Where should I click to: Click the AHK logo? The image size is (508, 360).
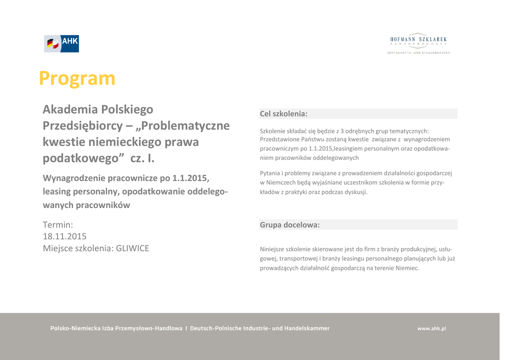tap(62, 44)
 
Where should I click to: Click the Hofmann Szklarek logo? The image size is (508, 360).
tap(418, 43)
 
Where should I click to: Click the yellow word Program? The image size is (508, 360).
tap(77, 78)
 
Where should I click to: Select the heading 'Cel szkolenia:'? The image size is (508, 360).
tap(284, 114)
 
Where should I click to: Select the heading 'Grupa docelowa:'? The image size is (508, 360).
tap(290, 225)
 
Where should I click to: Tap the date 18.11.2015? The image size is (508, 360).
tap(64, 236)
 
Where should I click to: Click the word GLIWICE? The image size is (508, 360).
tap(132, 248)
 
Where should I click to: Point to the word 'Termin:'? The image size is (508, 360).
tap(58, 225)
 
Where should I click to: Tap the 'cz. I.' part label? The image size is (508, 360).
tap(142, 158)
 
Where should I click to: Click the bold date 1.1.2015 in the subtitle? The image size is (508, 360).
tap(190, 178)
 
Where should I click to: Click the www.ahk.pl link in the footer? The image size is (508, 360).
tap(432, 328)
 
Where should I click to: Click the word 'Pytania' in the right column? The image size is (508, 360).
tap(270, 173)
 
